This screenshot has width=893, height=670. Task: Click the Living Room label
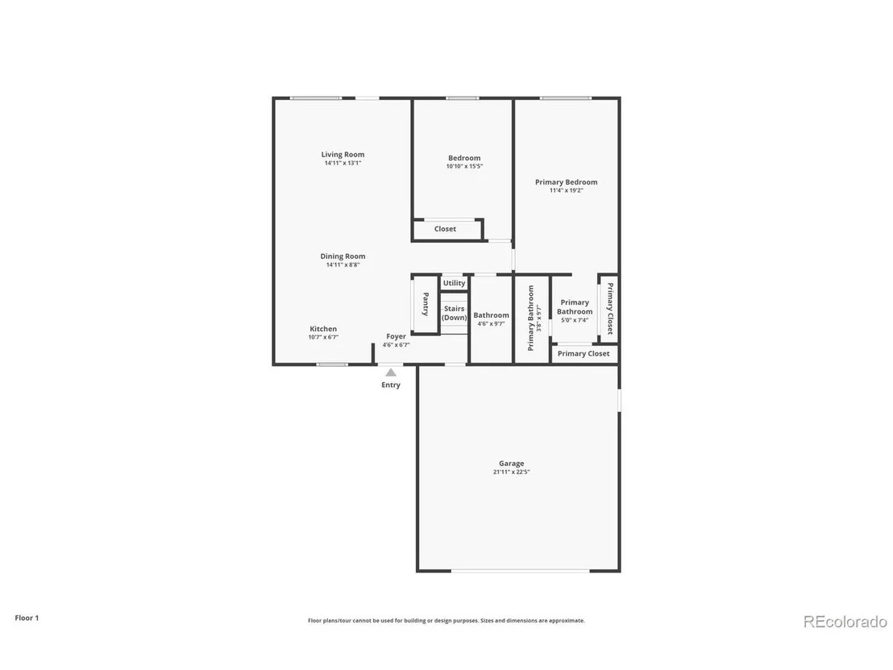343,154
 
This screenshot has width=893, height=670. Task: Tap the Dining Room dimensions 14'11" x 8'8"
343,265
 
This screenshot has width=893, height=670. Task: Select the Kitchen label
323,329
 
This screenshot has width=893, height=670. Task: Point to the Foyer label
396,337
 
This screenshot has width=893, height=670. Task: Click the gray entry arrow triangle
391,372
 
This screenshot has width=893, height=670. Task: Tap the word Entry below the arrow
391,385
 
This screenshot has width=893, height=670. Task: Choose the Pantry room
426,304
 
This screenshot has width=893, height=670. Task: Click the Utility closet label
454,283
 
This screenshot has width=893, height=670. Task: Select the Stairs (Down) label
454,314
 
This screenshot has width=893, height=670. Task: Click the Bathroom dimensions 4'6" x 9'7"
491,323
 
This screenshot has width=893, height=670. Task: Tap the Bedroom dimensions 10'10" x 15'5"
464,166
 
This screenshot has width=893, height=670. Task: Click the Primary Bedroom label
566,182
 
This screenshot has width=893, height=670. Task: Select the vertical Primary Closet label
609,308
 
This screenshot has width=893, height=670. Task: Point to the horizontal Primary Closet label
584,354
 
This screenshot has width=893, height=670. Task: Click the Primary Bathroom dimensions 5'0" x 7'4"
575,320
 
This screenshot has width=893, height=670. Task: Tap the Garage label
512,464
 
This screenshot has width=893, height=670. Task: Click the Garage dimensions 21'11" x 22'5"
512,472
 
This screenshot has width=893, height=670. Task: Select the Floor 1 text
27,618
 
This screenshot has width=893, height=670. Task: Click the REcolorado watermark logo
845,622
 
